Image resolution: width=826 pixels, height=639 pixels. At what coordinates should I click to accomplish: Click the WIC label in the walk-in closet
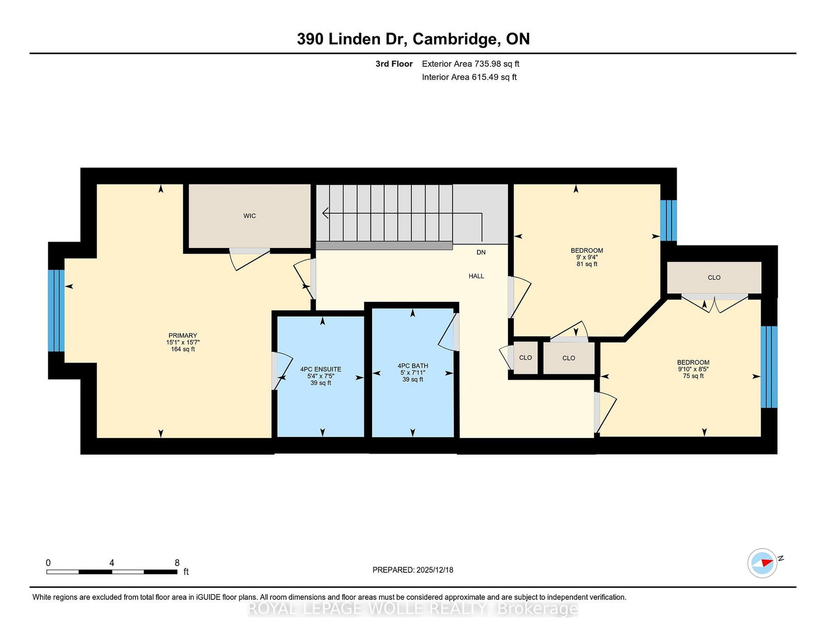(x=249, y=216)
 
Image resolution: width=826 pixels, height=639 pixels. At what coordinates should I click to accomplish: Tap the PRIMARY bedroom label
(x=183, y=335)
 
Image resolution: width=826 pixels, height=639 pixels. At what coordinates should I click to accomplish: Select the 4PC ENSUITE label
(x=321, y=369)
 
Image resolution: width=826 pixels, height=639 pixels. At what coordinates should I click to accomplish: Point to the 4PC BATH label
(x=413, y=366)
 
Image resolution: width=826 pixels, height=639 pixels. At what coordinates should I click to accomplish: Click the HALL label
(x=476, y=276)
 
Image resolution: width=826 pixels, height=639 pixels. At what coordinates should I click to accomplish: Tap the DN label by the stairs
(x=481, y=252)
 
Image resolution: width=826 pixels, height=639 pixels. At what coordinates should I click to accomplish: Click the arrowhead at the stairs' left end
(x=325, y=213)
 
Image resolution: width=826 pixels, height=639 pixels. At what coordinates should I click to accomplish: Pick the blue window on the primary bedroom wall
(x=56, y=310)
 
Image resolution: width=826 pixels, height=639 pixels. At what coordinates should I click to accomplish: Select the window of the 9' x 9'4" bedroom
(x=669, y=221)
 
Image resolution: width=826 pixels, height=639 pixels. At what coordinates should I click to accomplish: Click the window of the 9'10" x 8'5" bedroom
(x=769, y=367)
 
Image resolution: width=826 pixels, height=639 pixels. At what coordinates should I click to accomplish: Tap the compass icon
(x=762, y=563)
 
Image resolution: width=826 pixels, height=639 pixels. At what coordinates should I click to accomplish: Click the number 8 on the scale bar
(x=177, y=563)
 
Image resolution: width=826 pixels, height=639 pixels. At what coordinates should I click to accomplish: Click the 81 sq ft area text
(x=587, y=264)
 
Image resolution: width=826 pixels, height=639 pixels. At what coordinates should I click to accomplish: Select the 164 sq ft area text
(x=183, y=349)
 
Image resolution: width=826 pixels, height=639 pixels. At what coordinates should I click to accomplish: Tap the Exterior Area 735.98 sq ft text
(x=471, y=64)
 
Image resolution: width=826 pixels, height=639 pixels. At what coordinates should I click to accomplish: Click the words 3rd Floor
(x=394, y=64)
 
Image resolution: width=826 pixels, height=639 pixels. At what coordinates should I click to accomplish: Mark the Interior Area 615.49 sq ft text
(x=469, y=77)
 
